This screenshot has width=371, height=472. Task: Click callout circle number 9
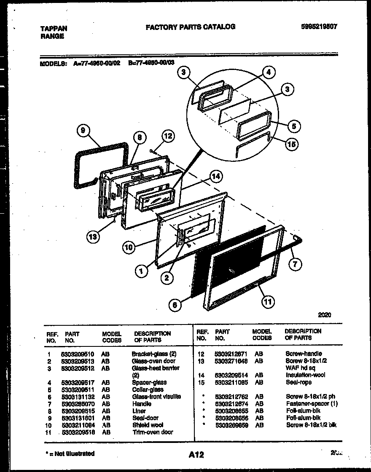tap(83, 131)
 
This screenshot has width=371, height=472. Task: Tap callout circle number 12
tap(168, 136)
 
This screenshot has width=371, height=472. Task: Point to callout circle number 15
tap(291, 144)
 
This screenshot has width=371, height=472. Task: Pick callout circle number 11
tap(268, 301)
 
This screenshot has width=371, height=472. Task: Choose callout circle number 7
tap(295, 264)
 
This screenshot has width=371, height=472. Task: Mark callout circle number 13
tap(93, 237)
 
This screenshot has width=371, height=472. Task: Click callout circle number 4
tap(269, 72)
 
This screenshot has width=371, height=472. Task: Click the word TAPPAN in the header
tap(54, 29)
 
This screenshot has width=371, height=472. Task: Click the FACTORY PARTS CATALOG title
tap(190, 27)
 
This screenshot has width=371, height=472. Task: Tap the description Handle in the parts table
tap(142, 404)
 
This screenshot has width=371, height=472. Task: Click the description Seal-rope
tap(299, 382)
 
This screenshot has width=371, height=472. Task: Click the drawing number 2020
tap(325, 315)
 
